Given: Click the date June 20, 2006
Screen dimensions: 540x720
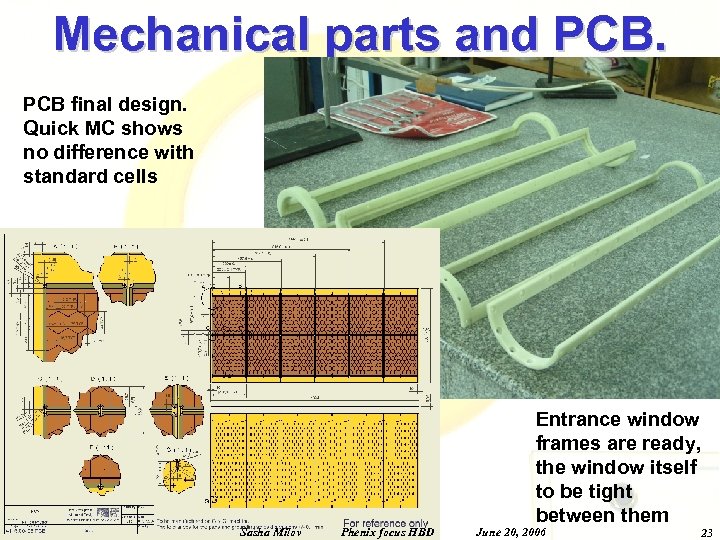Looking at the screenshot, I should click(510, 532).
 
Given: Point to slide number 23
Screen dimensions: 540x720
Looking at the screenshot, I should click(706, 532).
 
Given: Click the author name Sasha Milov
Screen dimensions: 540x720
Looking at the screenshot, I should click(272, 532).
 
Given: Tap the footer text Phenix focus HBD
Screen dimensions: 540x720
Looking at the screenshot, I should click(388, 532).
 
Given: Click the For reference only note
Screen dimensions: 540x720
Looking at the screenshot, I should click(385, 522).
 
